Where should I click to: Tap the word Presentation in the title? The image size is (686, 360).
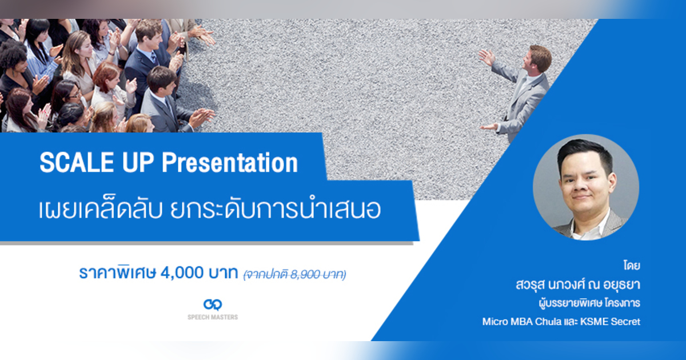230,163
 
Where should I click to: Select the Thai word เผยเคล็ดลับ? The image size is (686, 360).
97,211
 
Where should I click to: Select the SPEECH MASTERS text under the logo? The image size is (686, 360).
213,317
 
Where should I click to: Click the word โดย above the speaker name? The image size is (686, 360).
631,267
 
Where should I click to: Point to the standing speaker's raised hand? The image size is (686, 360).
486,55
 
